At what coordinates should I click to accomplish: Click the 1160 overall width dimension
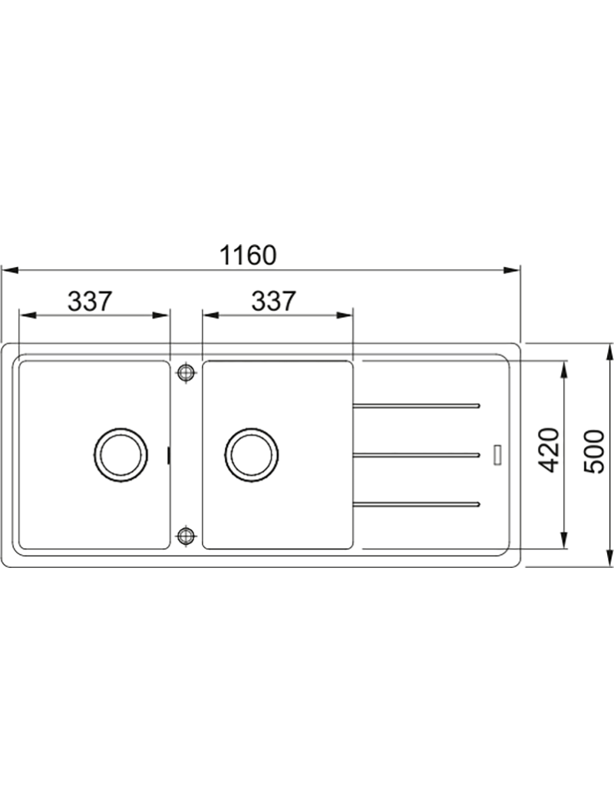[248, 256]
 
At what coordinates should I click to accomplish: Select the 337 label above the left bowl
[90, 301]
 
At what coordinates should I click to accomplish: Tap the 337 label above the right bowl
[273, 301]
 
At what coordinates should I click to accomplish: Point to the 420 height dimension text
[550, 450]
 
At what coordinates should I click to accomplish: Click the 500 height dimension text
[594, 451]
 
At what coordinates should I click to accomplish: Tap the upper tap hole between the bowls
[185, 372]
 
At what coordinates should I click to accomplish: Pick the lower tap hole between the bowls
[185, 536]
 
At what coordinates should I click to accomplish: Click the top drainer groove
[416, 405]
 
